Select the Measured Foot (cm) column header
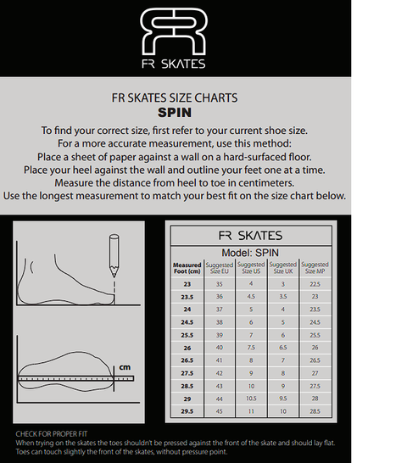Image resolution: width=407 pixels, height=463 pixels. coord(187,268)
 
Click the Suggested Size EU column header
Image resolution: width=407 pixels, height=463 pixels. coord(220,268)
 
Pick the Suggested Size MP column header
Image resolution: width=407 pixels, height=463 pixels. coord(315,268)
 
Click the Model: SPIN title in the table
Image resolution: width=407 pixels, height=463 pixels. coord(250,252)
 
